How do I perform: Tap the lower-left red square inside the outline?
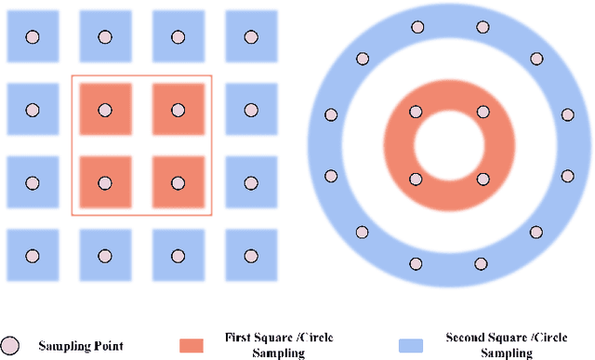tap(104, 181)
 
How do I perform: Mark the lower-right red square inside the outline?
tap(178, 181)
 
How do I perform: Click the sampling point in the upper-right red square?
tap(178, 110)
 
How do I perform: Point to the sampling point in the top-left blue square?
tap(33, 37)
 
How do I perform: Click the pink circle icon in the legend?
tap(10, 345)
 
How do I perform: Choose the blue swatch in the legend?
tap(409, 345)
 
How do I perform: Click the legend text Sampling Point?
tap(81, 347)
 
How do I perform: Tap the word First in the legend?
tap(239, 337)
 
